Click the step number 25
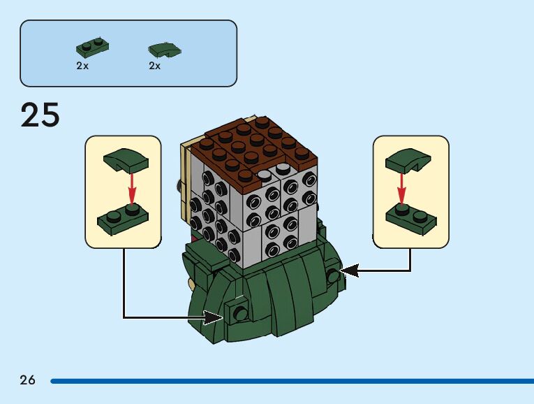coord(40,115)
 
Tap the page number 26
coord(27,380)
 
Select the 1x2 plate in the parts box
coord(92,48)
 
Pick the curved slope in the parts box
coord(165,50)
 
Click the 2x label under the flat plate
coord(82,66)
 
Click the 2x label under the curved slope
coord(154,66)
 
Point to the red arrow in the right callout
coord(401,187)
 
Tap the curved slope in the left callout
coord(126,161)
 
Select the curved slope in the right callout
coord(408,160)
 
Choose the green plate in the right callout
coord(411,217)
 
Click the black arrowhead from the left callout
coord(214,317)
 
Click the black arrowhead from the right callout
coord(348,270)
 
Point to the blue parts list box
coord(128,53)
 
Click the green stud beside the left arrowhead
coord(240,312)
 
